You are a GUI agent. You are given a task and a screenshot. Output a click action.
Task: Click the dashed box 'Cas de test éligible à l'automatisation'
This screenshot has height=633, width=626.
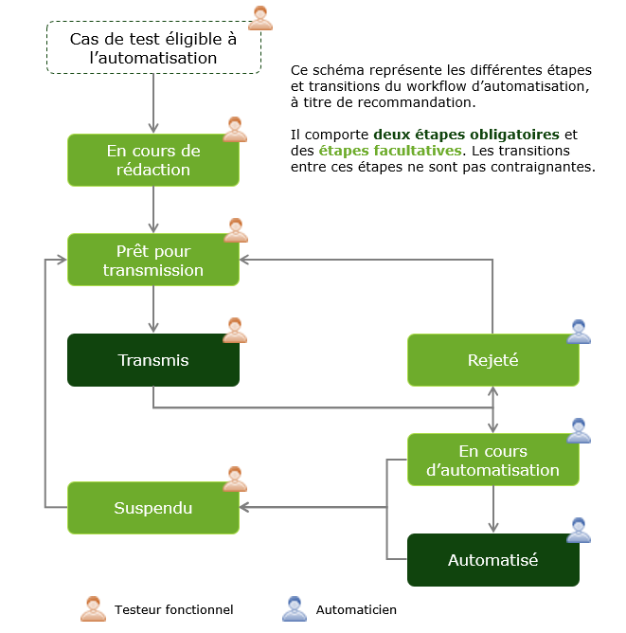click(x=152, y=48)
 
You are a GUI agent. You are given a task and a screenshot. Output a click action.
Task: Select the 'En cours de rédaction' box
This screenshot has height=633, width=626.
click(x=152, y=160)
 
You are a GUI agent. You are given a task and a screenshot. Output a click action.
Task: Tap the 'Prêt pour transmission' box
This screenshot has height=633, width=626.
click(x=152, y=261)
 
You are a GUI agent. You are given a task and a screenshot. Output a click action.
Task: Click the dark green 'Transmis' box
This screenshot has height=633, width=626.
click(x=152, y=360)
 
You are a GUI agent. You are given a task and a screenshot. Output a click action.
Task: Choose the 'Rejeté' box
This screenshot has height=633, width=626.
click(x=492, y=360)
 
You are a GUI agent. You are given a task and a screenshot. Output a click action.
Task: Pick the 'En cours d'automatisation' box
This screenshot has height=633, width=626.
click(x=492, y=460)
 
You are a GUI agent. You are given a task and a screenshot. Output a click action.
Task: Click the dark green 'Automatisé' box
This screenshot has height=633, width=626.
click(x=492, y=560)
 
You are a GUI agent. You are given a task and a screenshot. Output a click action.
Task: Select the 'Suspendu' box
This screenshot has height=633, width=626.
click(x=152, y=508)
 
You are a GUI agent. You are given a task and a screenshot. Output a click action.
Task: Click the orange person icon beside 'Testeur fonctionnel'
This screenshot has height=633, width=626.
click(x=93, y=609)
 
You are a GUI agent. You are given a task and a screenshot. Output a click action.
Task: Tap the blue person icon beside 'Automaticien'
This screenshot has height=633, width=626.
click(x=295, y=609)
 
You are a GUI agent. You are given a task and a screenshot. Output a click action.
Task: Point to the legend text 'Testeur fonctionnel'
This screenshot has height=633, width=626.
click(x=173, y=610)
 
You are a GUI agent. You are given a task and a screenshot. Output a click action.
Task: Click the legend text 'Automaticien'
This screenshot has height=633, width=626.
click(x=356, y=610)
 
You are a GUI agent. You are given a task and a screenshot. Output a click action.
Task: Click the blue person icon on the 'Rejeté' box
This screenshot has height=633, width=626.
click(x=578, y=331)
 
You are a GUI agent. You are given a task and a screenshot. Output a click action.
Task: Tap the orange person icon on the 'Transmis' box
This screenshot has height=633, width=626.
click(x=235, y=330)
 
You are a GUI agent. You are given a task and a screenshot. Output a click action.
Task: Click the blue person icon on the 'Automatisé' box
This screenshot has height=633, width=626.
click(x=578, y=531)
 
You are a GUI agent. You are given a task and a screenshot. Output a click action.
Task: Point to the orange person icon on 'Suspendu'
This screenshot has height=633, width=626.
click(x=235, y=479)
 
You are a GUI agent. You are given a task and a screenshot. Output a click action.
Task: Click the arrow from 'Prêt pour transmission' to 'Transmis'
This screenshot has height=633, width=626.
click(x=152, y=309)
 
